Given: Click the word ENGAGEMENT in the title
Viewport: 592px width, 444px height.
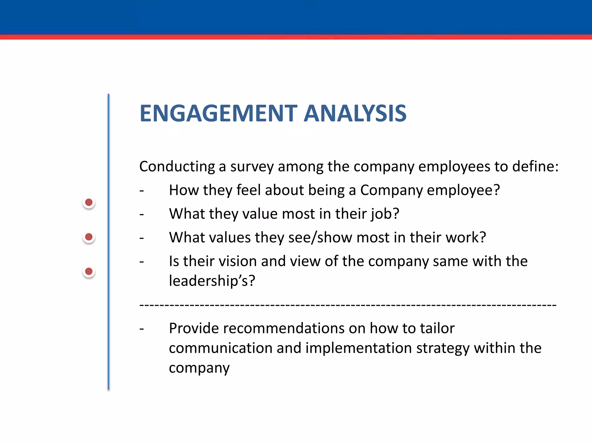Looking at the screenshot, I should (218, 113).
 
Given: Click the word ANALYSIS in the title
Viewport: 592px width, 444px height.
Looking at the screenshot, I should (355, 113).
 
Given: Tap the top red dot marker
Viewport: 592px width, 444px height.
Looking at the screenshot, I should (89, 202).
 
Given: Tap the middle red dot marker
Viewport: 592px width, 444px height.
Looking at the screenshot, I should (89, 237).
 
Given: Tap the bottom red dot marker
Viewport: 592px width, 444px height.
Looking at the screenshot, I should (89, 271).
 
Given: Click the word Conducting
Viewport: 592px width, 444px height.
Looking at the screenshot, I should (177, 167).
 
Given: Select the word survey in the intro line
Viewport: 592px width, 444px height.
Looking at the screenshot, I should (251, 167).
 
